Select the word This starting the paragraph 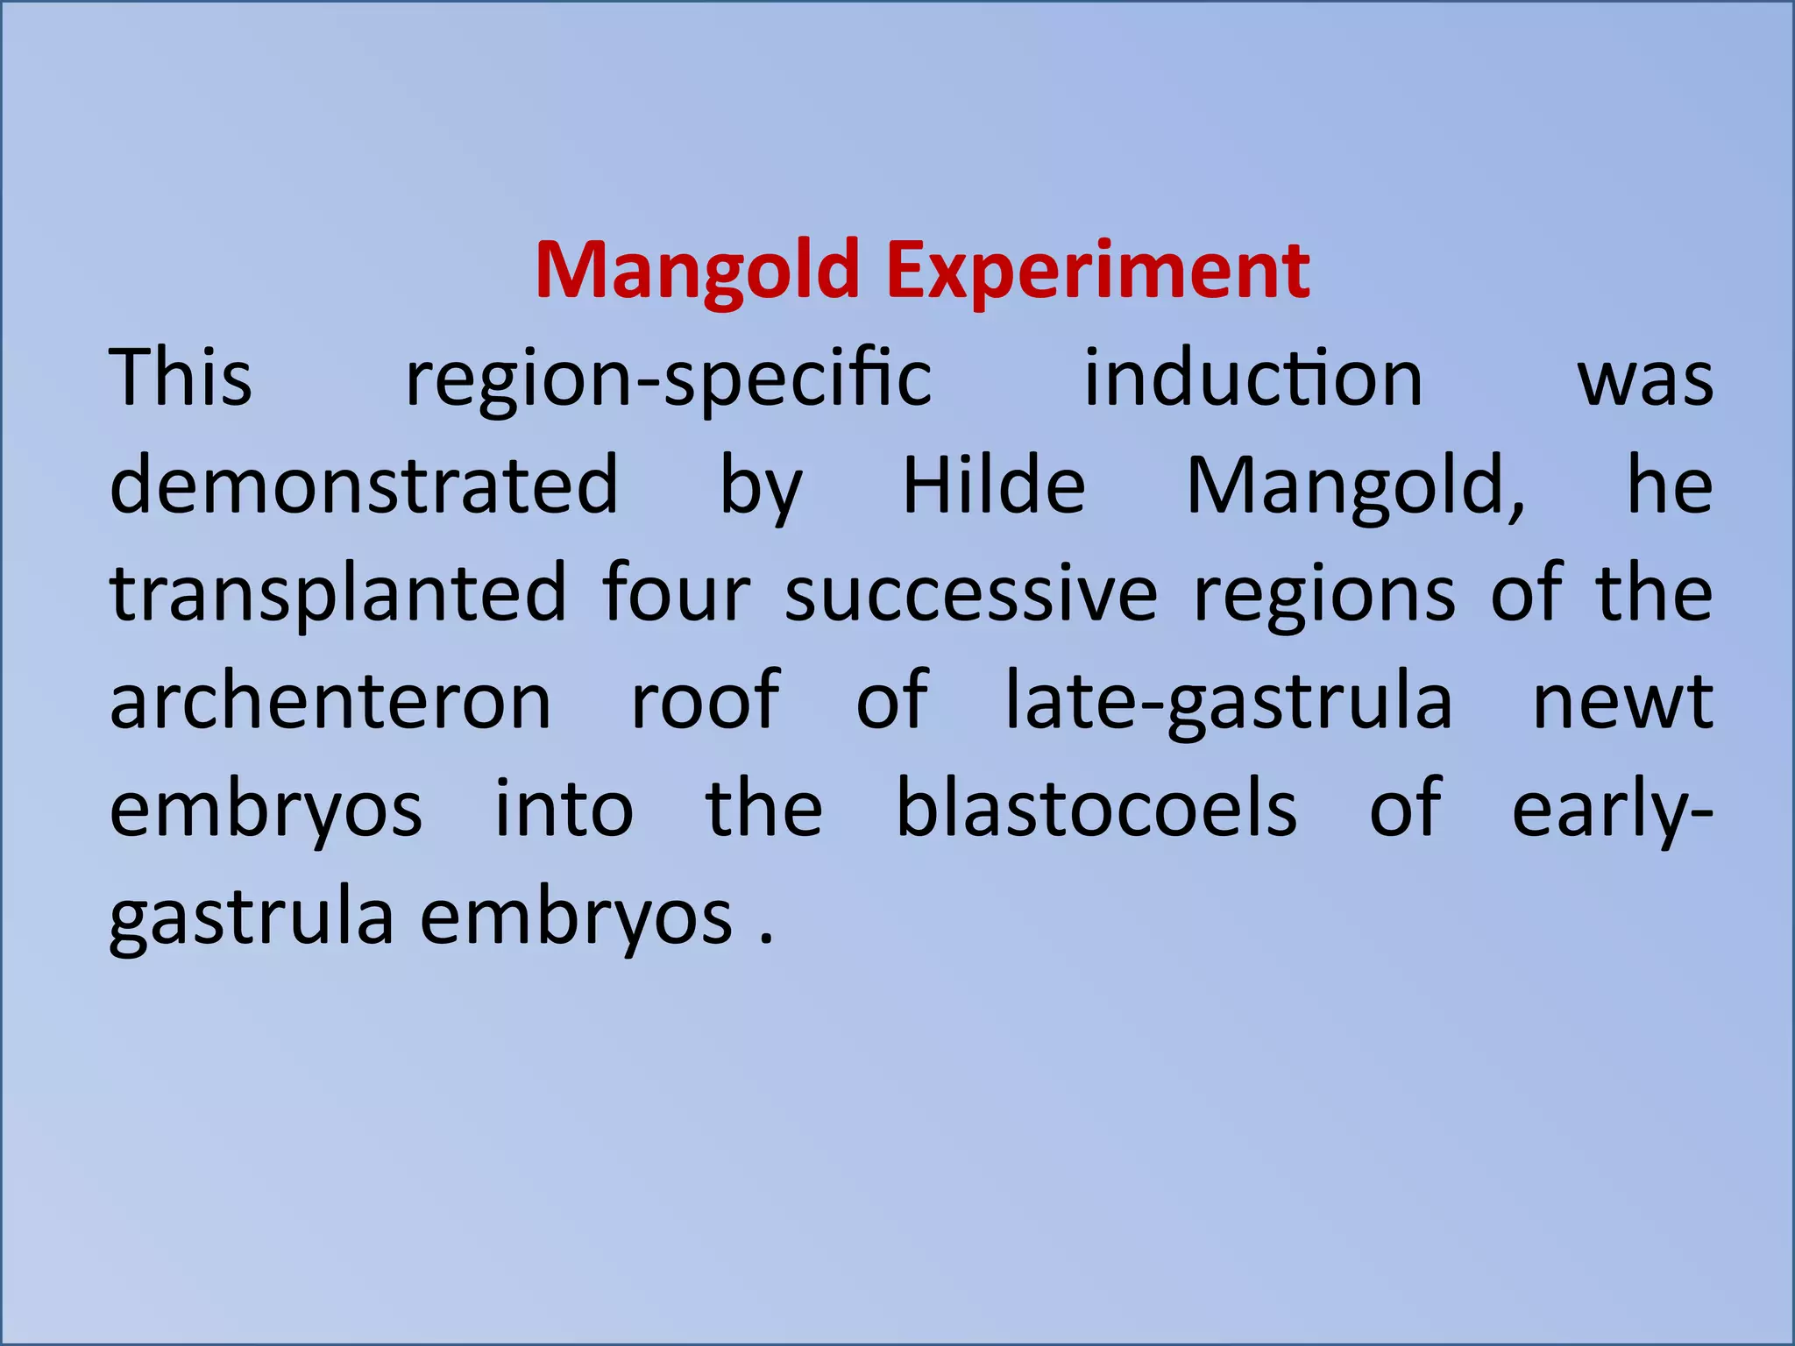[181, 378]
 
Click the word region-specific [668, 379]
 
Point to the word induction [1253, 378]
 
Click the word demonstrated [364, 485]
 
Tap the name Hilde [994, 485]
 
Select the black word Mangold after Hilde [1355, 487]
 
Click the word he [1670, 485]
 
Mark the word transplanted [338, 594]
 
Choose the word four [677, 594]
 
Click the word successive [971, 594]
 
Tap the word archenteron [330, 701]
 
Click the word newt [1622, 701]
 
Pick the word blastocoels [1096, 807]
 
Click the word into [564, 807]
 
